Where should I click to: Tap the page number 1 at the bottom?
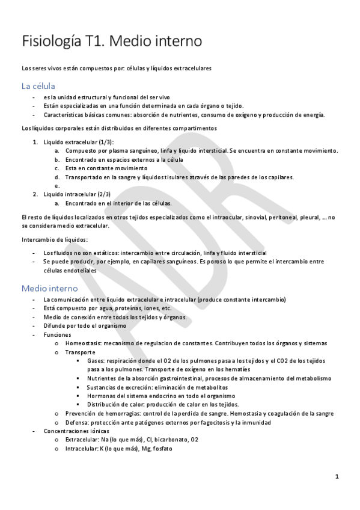337,477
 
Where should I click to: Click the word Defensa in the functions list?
78,422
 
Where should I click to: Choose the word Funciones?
57,334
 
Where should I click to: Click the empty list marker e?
56,186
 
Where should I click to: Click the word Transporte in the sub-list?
80,352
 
